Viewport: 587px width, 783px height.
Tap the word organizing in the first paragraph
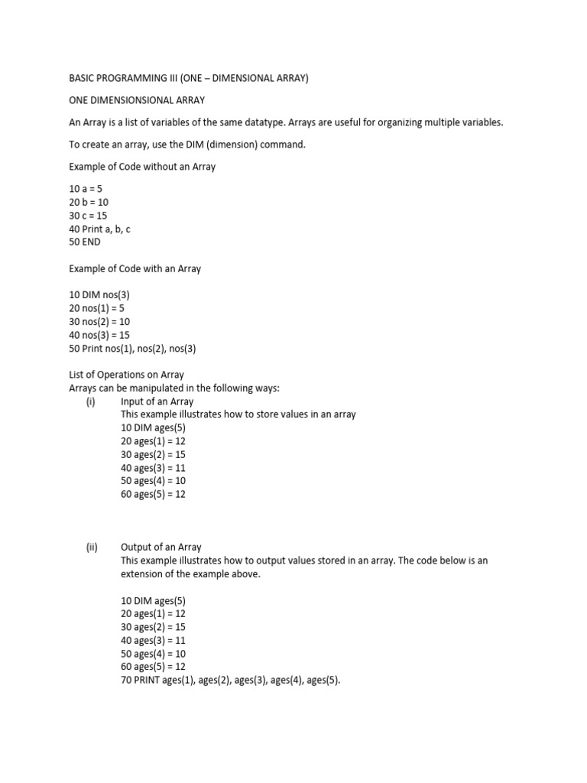click(x=423, y=122)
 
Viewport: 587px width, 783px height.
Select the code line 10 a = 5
click(x=86, y=188)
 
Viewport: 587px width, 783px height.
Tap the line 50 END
click(x=85, y=242)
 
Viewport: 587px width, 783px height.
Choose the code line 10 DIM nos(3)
click(x=105, y=294)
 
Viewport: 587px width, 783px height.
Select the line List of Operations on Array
click(x=126, y=375)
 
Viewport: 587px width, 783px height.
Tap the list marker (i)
click(x=90, y=401)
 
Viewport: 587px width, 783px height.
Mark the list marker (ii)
click(x=91, y=547)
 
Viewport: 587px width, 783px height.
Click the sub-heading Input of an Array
click(x=157, y=401)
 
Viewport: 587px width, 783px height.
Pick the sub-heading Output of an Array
click(x=161, y=547)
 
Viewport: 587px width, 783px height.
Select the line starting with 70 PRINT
click(x=230, y=680)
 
